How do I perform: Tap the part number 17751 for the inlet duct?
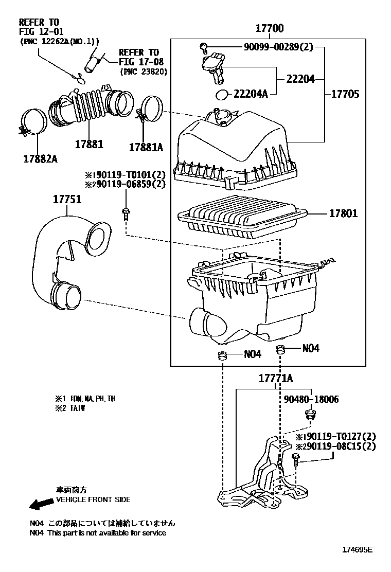pyautogui.click(x=67, y=200)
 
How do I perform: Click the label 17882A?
pyautogui.click(x=40, y=159)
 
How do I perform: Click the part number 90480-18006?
pyautogui.click(x=311, y=399)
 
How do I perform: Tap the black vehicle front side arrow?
pyautogui.click(x=42, y=504)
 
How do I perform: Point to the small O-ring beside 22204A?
pyautogui.click(x=222, y=95)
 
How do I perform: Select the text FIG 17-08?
pyautogui.click(x=139, y=62)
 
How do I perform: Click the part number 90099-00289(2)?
pyautogui.click(x=278, y=48)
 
